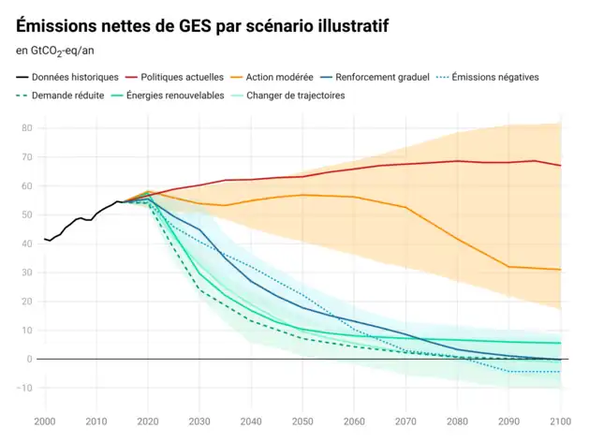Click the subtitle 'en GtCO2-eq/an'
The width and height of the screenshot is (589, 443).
[54, 51]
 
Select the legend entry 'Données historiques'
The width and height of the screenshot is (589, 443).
[75, 77]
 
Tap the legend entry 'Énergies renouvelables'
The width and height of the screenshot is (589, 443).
[175, 96]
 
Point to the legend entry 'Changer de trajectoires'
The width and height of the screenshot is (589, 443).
[295, 96]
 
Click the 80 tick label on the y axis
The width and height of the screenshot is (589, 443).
[27, 128]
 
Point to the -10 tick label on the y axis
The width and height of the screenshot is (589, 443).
[25, 388]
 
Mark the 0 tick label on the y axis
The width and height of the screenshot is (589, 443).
[30, 359]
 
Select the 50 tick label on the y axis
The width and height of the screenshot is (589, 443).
[27, 214]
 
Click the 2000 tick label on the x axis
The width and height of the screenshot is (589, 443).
[44, 422]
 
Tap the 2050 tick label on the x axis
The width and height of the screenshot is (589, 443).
[302, 422]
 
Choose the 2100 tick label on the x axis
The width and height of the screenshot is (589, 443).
[560, 422]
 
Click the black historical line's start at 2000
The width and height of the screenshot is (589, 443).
[45, 240]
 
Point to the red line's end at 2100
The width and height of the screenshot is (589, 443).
[560, 166]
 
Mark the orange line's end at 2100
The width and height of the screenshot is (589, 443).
[560, 270]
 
